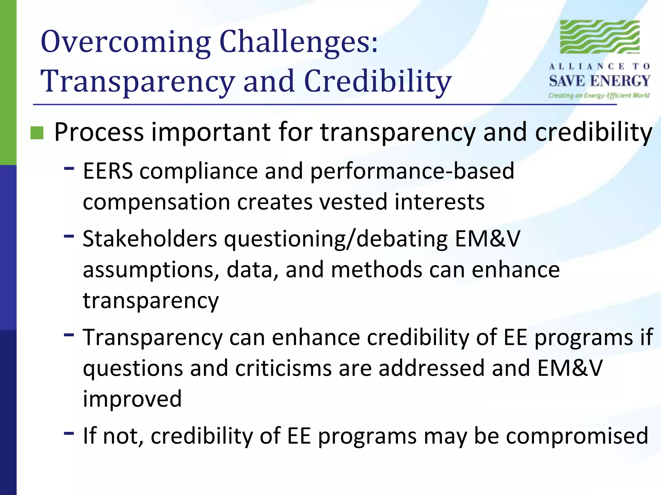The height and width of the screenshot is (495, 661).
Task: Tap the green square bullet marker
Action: point(37,133)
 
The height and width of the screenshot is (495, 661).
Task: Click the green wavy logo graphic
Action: point(600,37)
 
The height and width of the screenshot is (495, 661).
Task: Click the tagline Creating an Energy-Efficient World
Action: point(599,95)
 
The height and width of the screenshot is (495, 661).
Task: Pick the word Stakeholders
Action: point(150,239)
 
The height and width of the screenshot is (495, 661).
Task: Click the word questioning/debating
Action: point(336,239)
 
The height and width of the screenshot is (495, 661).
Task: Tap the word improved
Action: point(132,399)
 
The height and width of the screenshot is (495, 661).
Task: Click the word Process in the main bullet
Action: point(99,132)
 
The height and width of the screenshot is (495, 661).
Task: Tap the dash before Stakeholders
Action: point(69,236)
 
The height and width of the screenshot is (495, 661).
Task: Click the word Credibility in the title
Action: point(378,81)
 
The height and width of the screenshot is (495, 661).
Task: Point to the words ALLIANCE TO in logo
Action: point(600,67)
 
